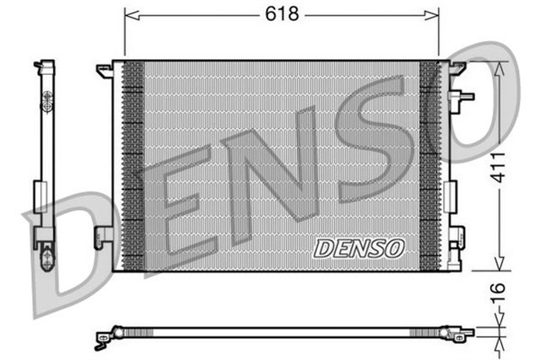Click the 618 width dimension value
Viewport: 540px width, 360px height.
tap(281, 14)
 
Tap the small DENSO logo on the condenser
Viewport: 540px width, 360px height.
tap(359, 248)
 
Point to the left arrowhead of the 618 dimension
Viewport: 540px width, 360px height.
tap(129, 15)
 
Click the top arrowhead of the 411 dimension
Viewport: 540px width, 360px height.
tap(499, 67)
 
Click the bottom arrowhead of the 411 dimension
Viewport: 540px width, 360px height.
tap(499, 265)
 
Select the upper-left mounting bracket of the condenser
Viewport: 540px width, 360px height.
tap(105, 70)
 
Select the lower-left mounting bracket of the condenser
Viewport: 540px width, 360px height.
tap(105, 237)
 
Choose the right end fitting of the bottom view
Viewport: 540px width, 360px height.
tap(465, 333)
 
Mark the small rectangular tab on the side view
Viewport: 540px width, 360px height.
tap(39, 195)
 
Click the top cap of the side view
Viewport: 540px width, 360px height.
tap(44, 64)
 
